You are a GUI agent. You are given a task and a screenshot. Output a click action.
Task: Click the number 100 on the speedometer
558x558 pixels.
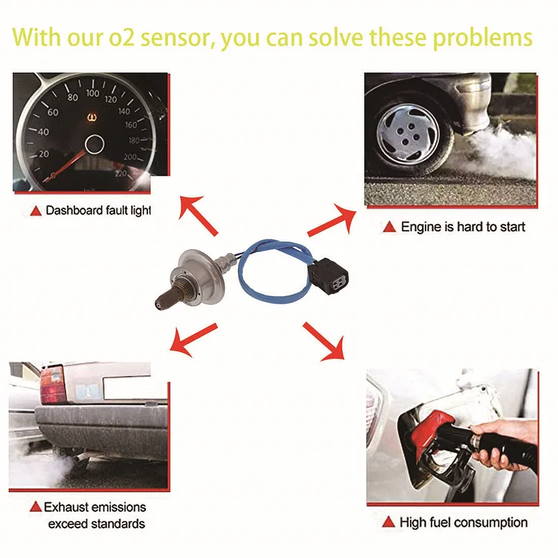coord(92,94)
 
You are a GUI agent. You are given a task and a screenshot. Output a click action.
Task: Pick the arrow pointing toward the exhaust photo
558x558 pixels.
coord(192,336)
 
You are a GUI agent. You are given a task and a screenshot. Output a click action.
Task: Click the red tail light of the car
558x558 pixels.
coord(52,385)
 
